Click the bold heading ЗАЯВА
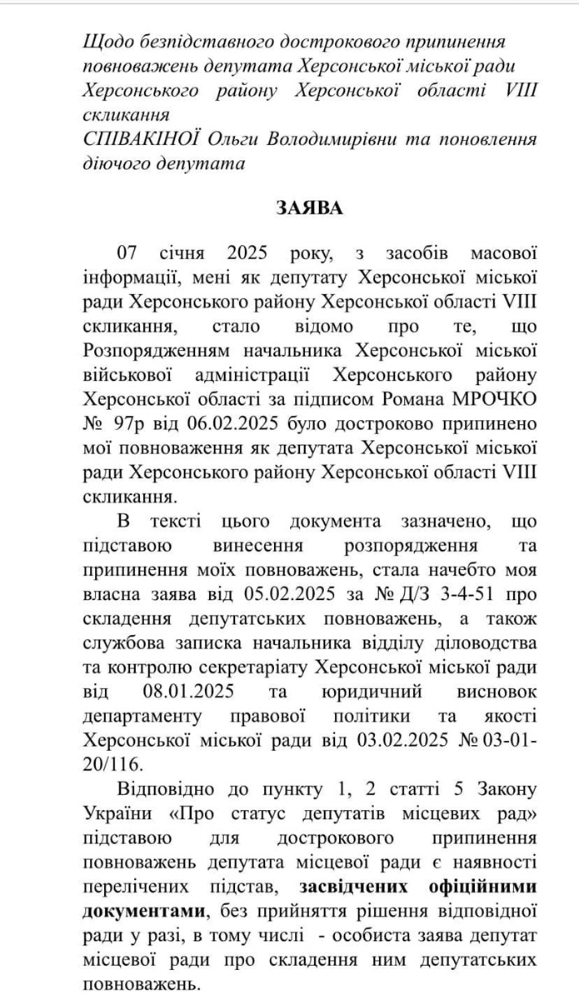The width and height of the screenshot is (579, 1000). pyautogui.click(x=309, y=207)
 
